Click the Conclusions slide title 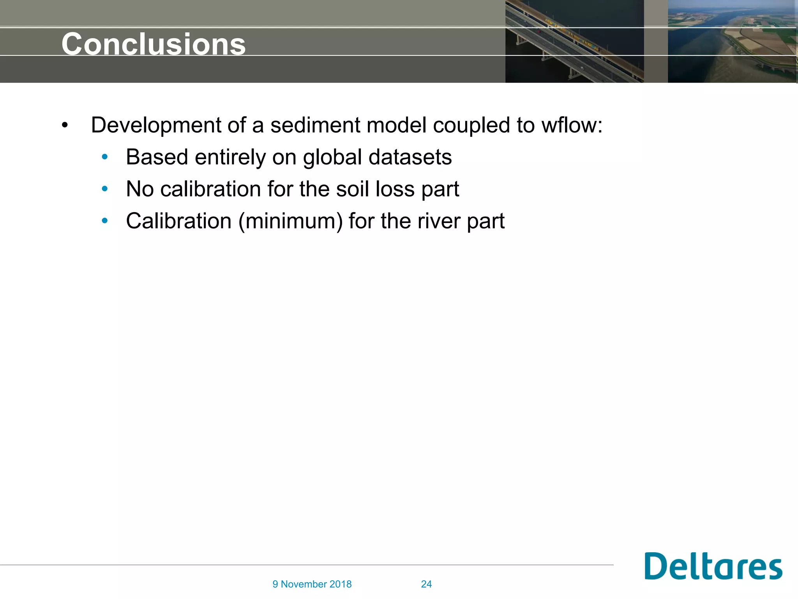click(x=154, y=44)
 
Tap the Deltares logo click(x=713, y=566)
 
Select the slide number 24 click(x=426, y=584)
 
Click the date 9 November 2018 click(x=312, y=584)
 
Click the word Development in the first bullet click(x=156, y=126)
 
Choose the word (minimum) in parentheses click(x=291, y=222)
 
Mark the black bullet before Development click(x=65, y=126)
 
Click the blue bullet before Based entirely click(x=104, y=157)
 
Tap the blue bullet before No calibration click(x=104, y=189)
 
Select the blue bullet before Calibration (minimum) click(x=104, y=221)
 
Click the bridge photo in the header click(x=574, y=41)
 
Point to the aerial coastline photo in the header click(x=732, y=41)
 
